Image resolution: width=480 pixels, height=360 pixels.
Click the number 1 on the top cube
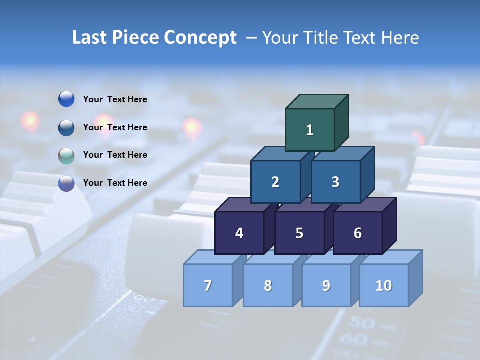pyautogui.click(x=310, y=130)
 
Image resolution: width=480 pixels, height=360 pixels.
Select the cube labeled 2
pyautogui.click(x=275, y=182)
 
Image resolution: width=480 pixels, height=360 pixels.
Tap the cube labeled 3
pyautogui.click(x=335, y=182)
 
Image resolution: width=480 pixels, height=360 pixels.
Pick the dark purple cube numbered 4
pyautogui.click(x=239, y=233)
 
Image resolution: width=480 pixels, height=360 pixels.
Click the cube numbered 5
pyautogui.click(x=299, y=233)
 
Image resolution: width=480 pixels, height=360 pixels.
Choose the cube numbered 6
pyautogui.click(x=358, y=233)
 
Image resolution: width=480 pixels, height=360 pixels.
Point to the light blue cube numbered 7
pyautogui.click(x=208, y=286)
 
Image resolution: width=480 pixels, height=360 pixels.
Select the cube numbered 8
pyautogui.click(x=268, y=286)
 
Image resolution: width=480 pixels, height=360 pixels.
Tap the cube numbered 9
pyautogui.click(x=326, y=286)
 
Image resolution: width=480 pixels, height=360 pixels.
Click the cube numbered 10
pyautogui.click(x=384, y=286)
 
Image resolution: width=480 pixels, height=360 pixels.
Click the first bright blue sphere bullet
pyautogui.click(x=66, y=99)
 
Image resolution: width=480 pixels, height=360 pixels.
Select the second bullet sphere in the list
pyautogui.click(x=66, y=127)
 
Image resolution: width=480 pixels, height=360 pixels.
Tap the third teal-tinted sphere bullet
pyautogui.click(x=66, y=155)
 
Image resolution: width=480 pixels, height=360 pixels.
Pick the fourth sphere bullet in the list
pyautogui.click(x=66, y=183)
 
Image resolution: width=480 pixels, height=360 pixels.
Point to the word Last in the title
pyautogui.click(x=90, y=38)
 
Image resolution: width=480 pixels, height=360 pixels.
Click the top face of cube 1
pyautogui.click(x=317, y=101)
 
